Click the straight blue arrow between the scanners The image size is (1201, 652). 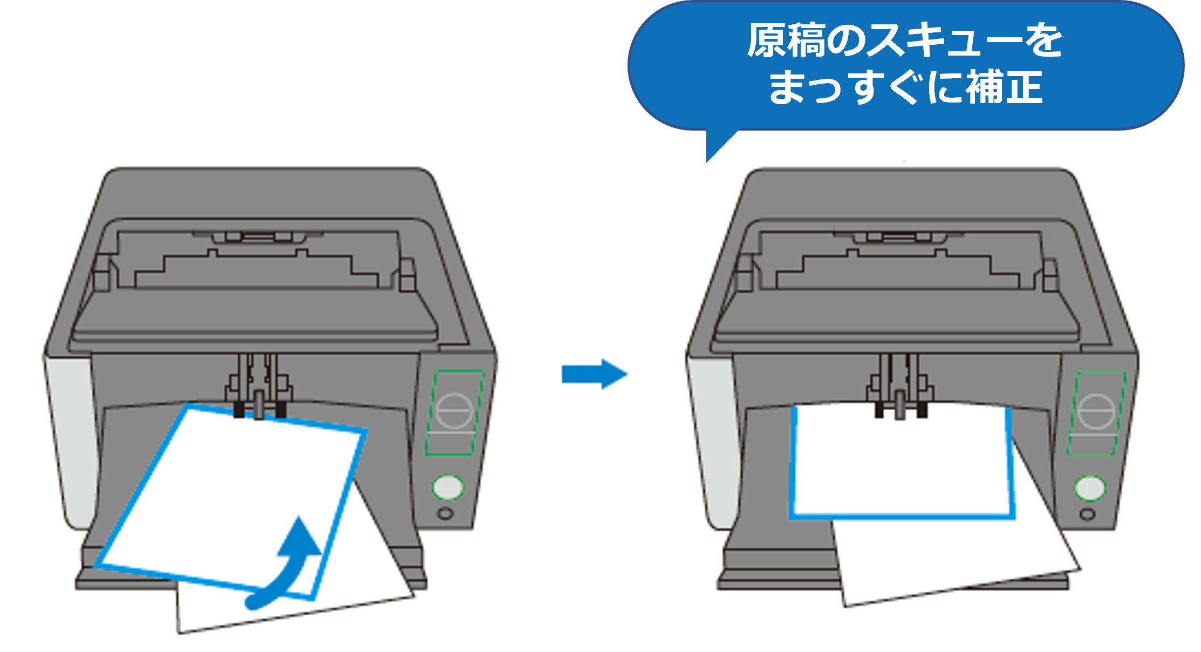(x=593, y=374)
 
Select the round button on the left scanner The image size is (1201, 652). (x=447, y=487)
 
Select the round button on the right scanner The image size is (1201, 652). (x=1090, y=488)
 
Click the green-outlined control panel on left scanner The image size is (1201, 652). (x=455, y=412)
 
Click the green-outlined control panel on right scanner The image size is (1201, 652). (x=1096, y=413)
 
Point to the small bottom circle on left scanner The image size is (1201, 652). (x=446, y=513)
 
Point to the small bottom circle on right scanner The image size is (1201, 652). (x=1088, y=514)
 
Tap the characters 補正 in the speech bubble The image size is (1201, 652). (x=1004, y=87)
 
